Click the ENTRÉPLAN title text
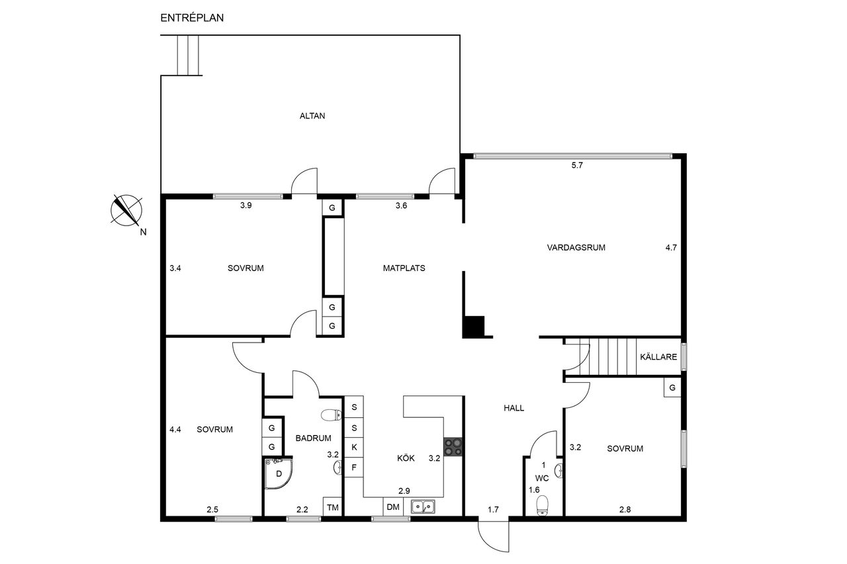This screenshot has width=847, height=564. (x=192, y=18)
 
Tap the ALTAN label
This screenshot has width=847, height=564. (x=312, y=116)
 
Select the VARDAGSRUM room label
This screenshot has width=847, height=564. (x=576, y=248)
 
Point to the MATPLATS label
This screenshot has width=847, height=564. (x=404, y=268)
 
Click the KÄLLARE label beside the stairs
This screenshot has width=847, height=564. (x=658, y=356)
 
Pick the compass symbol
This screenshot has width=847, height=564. (x=126, y=210)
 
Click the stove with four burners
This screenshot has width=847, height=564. (x=453, y=447)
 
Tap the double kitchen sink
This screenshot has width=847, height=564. (x=423, y=506)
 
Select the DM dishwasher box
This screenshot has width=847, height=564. (x=393, y=507)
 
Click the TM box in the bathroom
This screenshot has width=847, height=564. (x=333, y=507)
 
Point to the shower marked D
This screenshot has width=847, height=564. (x=279, y=473)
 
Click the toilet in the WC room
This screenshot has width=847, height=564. (x=543, y=506)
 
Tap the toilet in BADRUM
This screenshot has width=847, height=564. (x=332, y=415)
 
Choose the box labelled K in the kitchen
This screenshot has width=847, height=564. (x=354, y=447)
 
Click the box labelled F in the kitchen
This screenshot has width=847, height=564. (x=354, y=467)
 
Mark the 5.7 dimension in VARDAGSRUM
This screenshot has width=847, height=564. (x=577, y=165)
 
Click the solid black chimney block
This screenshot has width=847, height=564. (x=474, y=327)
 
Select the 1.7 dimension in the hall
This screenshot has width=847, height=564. (x=493, y=510)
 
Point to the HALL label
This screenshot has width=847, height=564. (x=514, y=408)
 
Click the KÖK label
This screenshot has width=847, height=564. (x=406, y=458)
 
